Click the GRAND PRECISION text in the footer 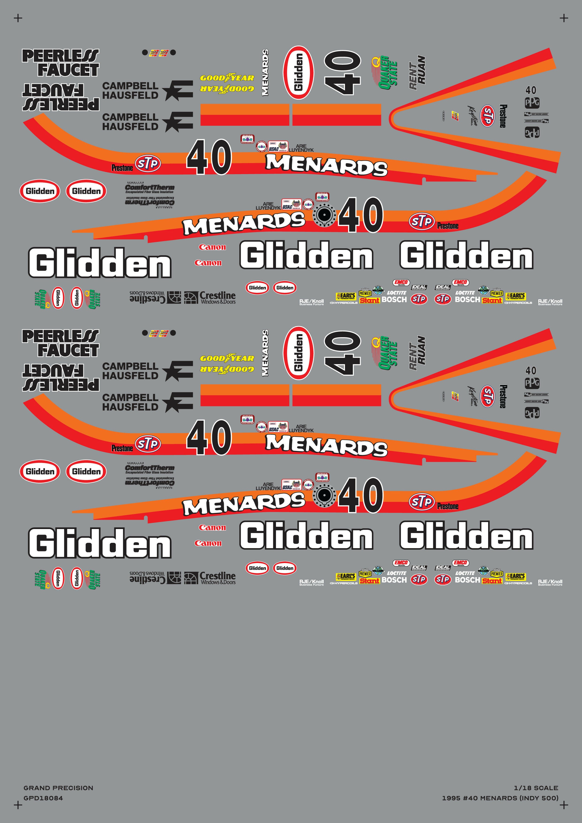click(x=58, y=788)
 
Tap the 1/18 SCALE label click(x=536, y=788)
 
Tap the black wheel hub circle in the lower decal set click(x=324, y=495)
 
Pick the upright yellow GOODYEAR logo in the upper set click(x=227, y=78)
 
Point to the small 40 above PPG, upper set click(x=531, y=90)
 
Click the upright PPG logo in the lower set click(x=532, y=383)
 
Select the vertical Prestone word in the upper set click(x=503, y=116)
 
